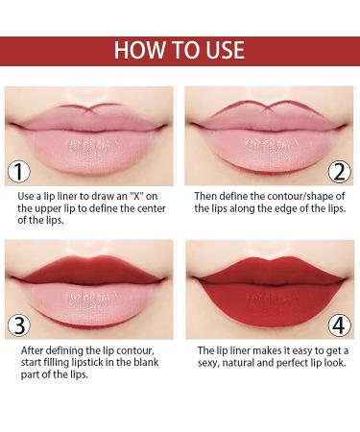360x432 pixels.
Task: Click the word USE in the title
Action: (x=223, y=50)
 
